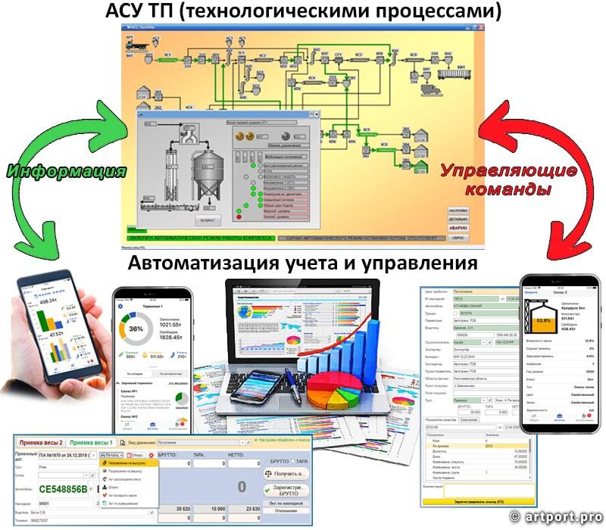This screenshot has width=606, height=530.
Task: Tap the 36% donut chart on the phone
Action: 136,330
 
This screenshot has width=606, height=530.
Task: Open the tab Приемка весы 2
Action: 41,442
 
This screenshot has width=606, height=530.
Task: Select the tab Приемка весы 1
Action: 92,442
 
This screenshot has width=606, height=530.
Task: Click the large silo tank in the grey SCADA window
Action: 205,171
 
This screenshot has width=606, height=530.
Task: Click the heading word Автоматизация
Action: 196,263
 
